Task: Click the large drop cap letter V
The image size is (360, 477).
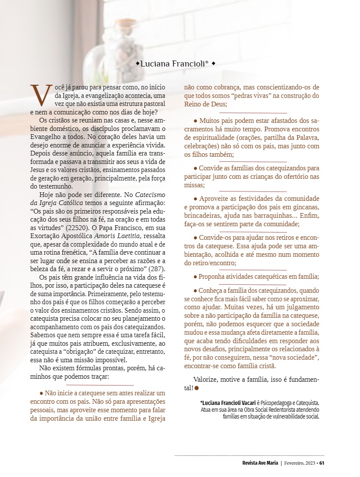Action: click(41, 95)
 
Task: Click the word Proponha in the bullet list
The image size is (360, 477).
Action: click(212, 276)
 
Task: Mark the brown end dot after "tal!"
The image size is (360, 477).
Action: click(197, 388)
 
